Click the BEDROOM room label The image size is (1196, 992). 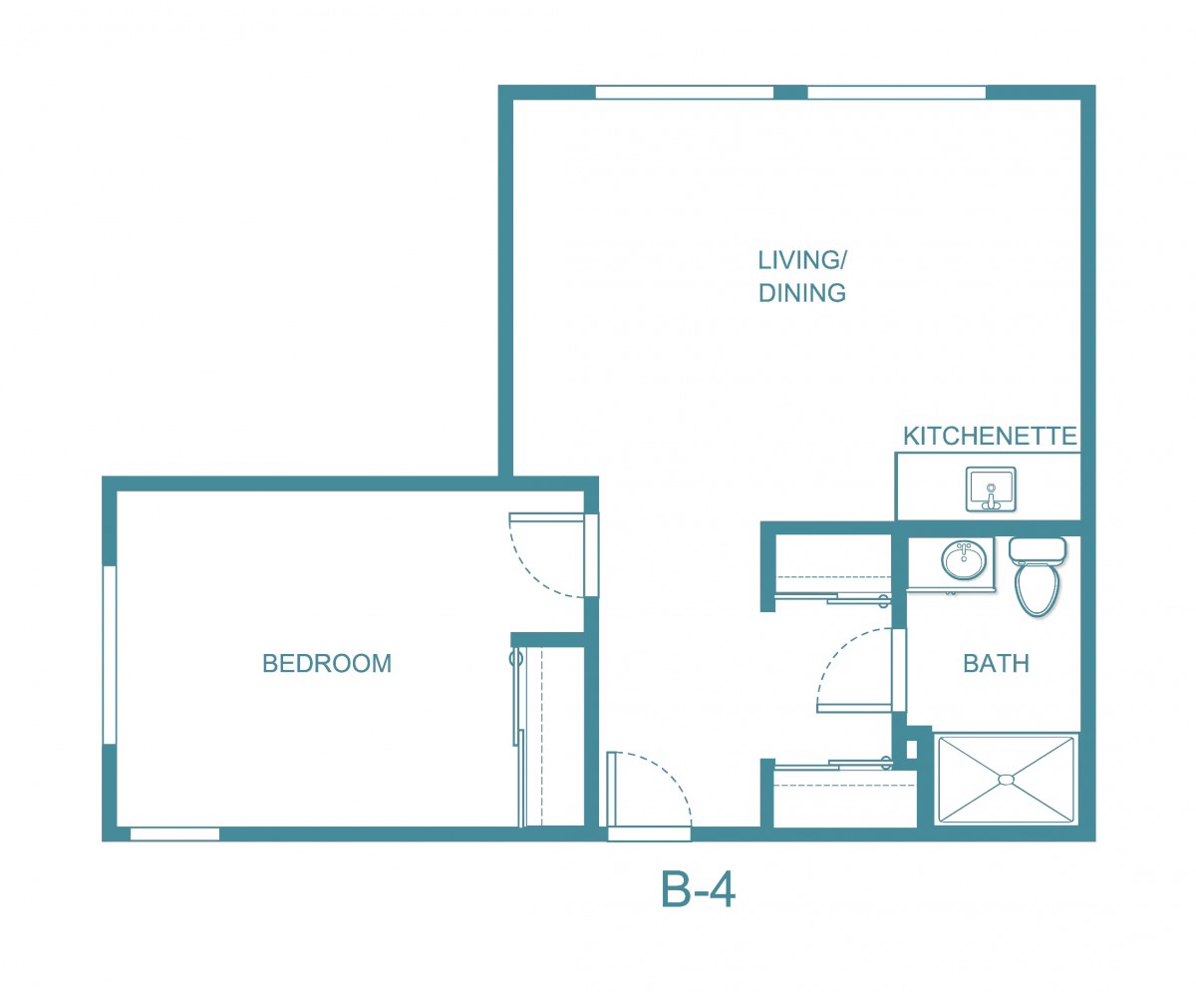pos(327,664)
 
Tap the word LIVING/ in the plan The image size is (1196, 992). pos(802,260)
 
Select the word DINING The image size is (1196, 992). pos(802,293)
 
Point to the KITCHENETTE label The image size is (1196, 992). pos(990,436)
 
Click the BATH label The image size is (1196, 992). pos(996,664)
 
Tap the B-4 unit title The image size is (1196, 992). pos(698,889)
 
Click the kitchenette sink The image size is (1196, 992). pos(991,489)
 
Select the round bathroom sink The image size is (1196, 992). pos(965,560)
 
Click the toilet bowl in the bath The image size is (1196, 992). pos(1037,591)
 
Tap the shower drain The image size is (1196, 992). pos(1006,780)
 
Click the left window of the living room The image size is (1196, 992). pos(685,93)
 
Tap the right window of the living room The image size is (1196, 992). pos(896,93)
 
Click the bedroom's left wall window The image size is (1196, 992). pos(110,655)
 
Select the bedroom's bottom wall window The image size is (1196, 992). pos(174,833)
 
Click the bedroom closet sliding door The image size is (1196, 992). pos(518,737)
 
